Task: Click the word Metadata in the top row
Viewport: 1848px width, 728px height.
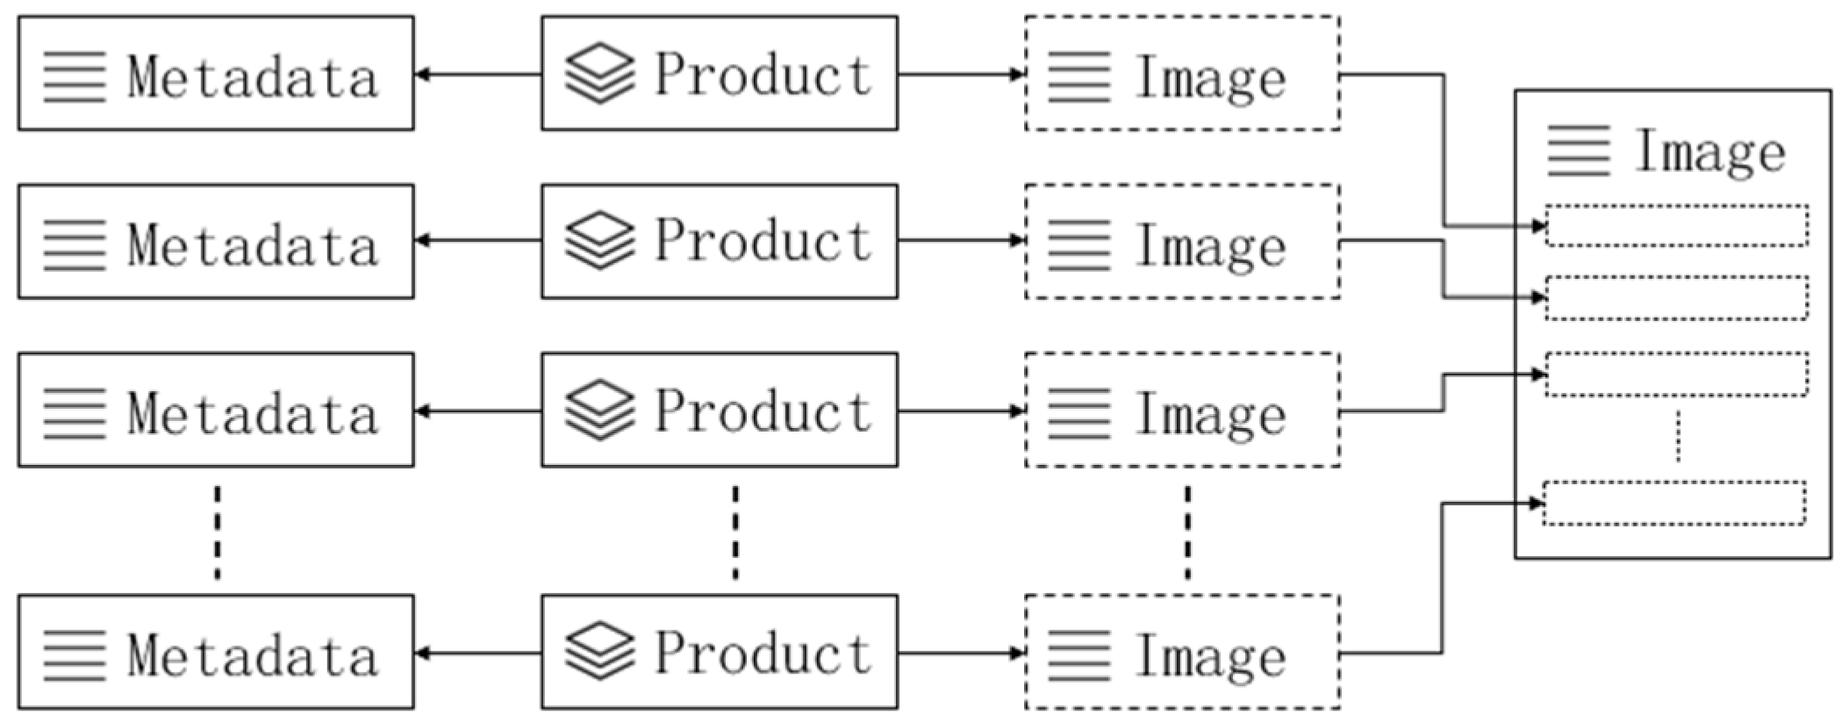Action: pos(253,77)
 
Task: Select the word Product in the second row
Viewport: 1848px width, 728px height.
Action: pos(763,241)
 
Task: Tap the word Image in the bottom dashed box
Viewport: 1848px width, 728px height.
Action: pos(1211,656)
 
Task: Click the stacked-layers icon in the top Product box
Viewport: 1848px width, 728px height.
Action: pos(599,74)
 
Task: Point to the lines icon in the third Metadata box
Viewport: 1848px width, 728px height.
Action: pos(75,412)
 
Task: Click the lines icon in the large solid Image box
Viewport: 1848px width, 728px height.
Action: pos(1579,151)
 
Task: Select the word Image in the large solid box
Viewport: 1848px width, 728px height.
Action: pos(1710,152)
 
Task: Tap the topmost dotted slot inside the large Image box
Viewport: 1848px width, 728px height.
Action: pos(1676,225)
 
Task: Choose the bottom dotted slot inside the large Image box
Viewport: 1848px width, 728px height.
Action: pos(1674,503)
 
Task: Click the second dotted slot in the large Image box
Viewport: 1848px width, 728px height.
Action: pos(1676,297)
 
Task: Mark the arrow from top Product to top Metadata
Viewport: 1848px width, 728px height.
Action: pos(478,75)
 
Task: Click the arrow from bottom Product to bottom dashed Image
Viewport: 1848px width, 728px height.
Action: pos(961,653)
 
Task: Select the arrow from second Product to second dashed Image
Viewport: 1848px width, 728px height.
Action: pos(961,240)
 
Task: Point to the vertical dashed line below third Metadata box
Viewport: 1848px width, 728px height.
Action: pos(218,532)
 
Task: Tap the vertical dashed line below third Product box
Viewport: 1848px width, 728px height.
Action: pos(735,532)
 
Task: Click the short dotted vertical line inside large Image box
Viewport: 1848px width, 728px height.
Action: pos(1678,436)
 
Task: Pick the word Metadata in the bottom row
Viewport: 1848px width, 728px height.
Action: pos(253,656)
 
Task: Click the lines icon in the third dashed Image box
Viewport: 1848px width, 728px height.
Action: pos(1079,412)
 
